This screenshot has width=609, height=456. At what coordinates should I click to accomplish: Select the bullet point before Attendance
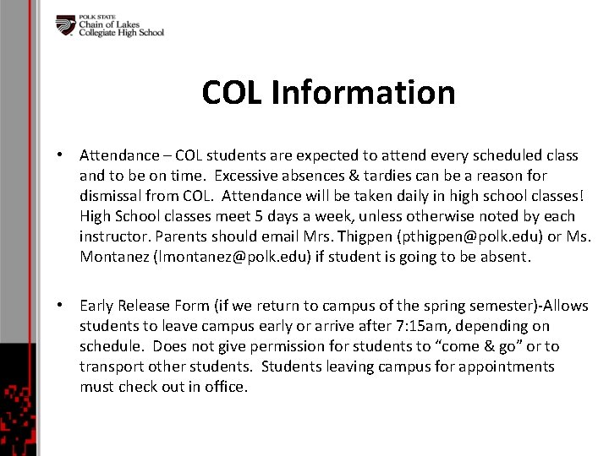(x=62, y=155)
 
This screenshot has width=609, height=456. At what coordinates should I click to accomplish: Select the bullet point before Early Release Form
(x=62, y=306)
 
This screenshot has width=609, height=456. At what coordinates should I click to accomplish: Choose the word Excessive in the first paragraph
(x=247, y=176)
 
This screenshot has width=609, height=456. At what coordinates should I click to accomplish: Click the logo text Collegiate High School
(x=121, y=33)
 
